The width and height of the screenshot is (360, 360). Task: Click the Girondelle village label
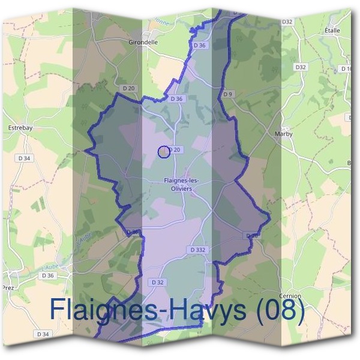[x=143, y=43]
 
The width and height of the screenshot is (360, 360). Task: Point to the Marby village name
[x=283, y=134]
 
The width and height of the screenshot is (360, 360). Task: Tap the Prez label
[x=8, y=287]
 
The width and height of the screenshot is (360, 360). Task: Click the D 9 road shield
[x=227, y=94]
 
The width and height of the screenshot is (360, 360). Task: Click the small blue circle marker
[x=163, y=152]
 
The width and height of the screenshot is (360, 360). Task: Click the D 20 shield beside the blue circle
[x=175, y=149]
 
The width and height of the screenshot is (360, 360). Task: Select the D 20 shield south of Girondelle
[x=128, y=88]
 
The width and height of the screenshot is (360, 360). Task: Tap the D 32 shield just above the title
[x=157, y=281]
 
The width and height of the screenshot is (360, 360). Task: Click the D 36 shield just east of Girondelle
[x=200, y=45]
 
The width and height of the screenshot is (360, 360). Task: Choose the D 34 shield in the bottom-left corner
[x=42, y=334]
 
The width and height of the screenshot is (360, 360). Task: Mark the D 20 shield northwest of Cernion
[x=253, y=236]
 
